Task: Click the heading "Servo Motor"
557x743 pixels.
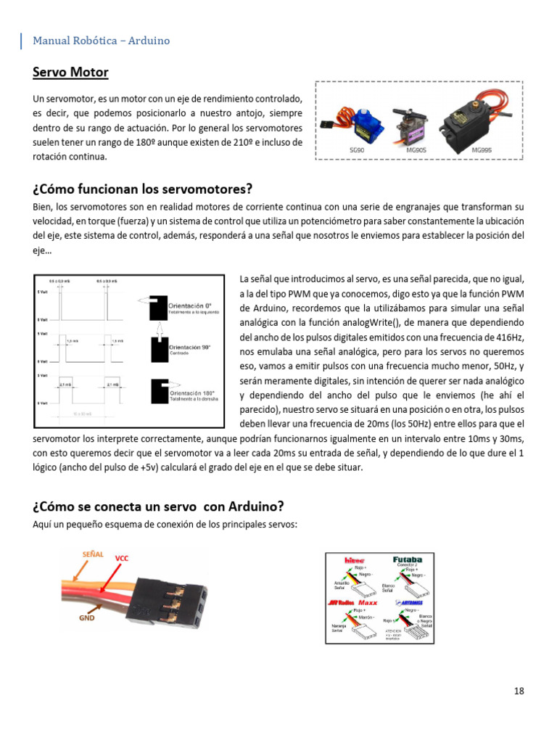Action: point(70,73)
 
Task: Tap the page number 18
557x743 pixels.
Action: point(519,691)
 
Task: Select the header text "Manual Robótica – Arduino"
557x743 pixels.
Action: point(101,41)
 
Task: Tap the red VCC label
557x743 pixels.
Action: point(122,558)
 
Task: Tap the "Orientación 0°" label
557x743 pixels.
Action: point(190,306)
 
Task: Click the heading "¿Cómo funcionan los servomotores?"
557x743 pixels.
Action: point(142,189)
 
